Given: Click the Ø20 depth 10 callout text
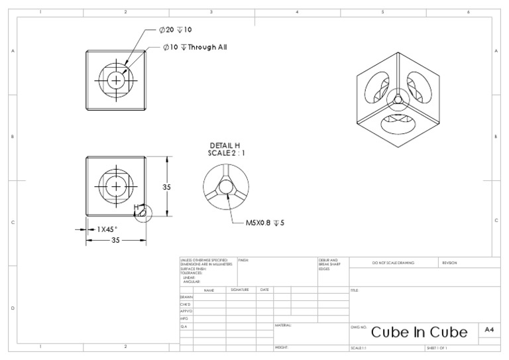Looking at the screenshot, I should coord(176,30).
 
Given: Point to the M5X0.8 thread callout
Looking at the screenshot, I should coord(266,223).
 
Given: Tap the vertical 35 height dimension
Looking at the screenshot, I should coord(167,187).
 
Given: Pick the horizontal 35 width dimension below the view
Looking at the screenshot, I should coord(115,240).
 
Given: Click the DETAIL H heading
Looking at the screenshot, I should coord(224,145).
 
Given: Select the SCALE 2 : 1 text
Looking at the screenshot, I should coord(224,153).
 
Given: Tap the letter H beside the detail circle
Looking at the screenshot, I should coord(136,208).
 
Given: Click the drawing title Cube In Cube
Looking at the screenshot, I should coord(419,331).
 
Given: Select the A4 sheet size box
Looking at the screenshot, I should coord(489,330).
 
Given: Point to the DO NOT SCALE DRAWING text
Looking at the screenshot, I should coord(392,263).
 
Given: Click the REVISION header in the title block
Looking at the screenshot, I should coord(449,263).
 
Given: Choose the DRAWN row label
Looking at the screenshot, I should coord(186,297).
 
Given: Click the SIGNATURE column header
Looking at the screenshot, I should coord(240,290).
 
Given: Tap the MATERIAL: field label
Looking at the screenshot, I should coord(282,326).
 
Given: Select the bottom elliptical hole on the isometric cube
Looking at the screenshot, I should coord(396,124).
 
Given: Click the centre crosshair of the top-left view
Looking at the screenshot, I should coord(117,80).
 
